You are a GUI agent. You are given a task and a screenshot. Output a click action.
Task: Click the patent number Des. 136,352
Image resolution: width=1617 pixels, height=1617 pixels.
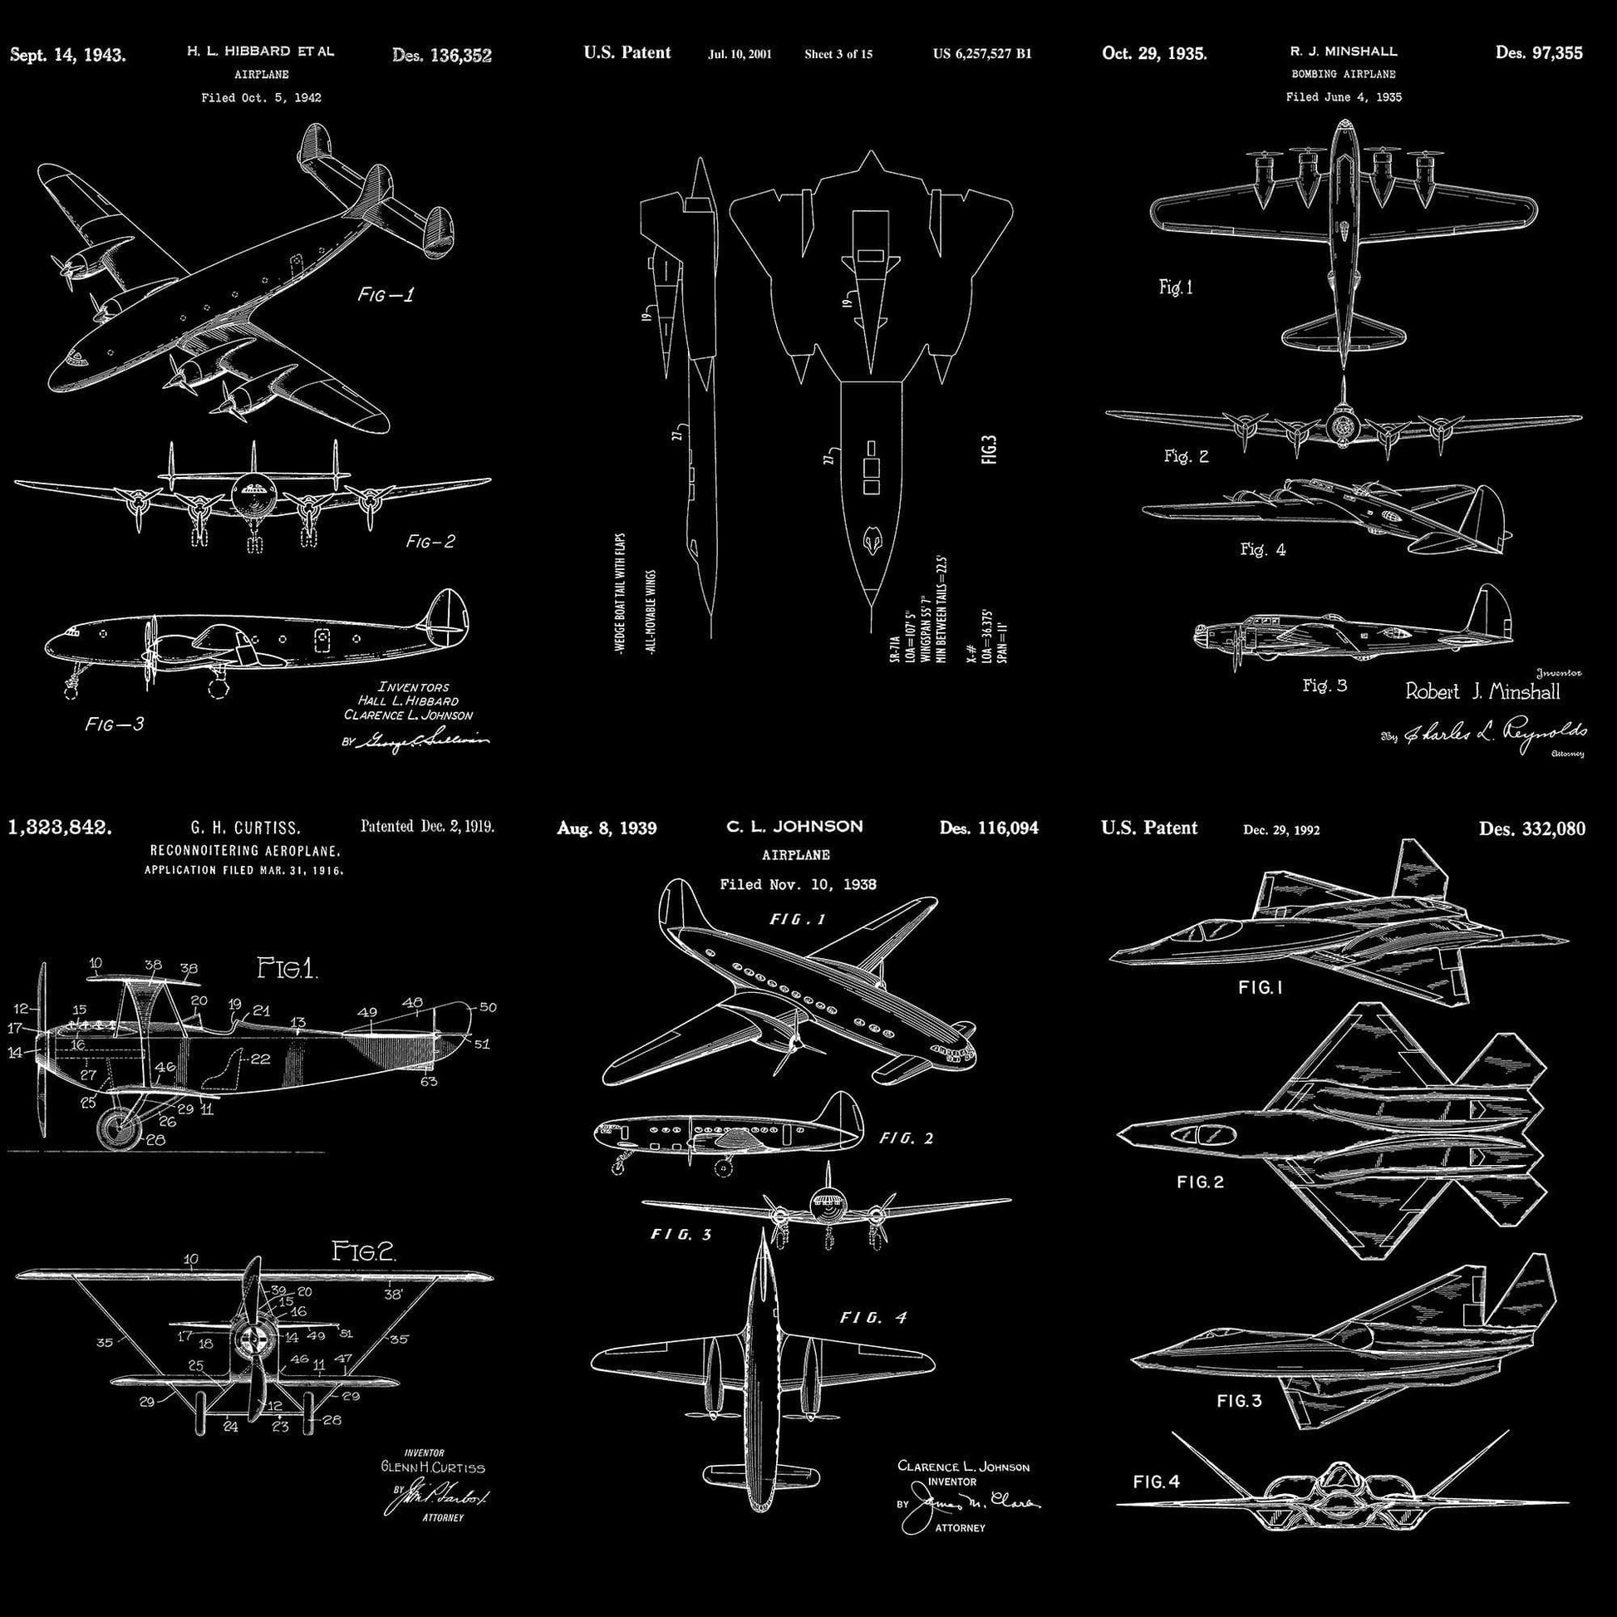click(441, 56)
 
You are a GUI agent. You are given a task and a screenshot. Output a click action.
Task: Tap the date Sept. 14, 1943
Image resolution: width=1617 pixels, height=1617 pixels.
click(68, 56)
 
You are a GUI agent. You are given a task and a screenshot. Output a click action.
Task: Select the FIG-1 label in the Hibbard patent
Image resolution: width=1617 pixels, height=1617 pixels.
click(385, 295)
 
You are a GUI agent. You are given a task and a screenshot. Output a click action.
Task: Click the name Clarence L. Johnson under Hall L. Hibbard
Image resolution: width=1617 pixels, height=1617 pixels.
click(408, 715)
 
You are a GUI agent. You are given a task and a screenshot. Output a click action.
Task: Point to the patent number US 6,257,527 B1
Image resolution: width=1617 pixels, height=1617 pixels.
click(982, 54)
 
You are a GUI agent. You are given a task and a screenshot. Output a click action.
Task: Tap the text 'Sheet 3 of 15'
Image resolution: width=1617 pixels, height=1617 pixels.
click(838, 54)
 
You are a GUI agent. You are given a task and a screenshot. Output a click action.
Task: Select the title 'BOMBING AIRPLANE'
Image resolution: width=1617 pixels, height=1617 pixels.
click(1344, 74)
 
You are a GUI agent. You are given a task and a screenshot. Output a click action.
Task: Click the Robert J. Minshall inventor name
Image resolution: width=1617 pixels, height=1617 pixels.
click(1482, 691)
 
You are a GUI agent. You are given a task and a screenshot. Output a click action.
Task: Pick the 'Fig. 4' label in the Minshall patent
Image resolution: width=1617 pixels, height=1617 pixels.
click(1262, 550)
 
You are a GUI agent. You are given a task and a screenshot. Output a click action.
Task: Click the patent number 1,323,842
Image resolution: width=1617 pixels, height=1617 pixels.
click(59, 828)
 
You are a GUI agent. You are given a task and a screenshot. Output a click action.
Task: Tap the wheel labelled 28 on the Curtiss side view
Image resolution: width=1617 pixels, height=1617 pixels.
click(116, 1128)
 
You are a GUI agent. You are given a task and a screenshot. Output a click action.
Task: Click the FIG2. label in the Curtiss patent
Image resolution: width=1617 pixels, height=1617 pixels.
click(364, 1252)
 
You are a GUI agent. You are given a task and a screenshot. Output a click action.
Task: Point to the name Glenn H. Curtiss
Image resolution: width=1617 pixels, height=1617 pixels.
click(432, 1491)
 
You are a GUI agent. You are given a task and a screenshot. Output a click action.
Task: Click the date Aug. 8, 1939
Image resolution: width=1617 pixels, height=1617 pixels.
click(607, 828)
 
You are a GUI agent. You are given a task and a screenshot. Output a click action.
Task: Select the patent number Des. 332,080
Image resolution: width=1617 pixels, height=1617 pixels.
click(1531, 828)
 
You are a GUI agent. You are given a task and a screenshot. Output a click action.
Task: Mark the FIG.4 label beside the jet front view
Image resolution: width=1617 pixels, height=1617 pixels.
click(1156, 1482)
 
